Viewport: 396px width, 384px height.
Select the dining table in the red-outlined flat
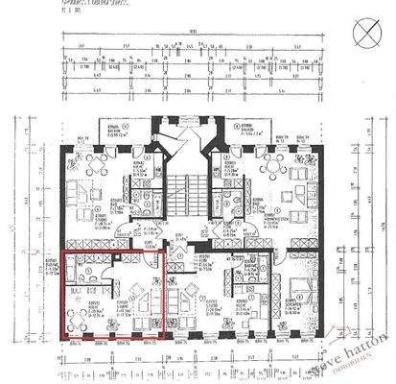click(78, 322)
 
